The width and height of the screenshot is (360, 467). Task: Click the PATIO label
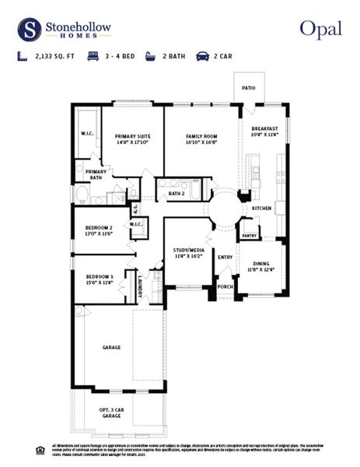pyautogui.click(x=249, y=89)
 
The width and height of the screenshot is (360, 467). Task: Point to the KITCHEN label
pyautogui.click(x=261, y=209)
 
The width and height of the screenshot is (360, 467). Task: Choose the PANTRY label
pyautogui.click(x=250, y=235)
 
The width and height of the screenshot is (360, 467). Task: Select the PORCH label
pyautogui.click(x=225, y=285)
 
